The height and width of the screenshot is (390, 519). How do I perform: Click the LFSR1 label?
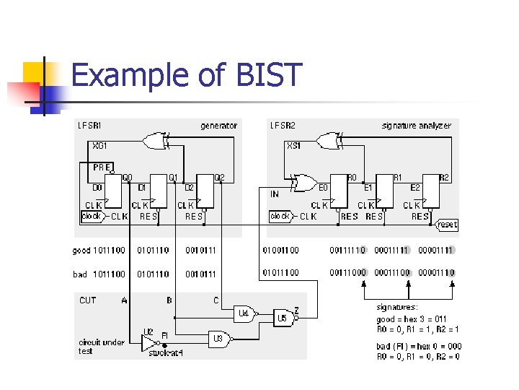click(90, 126)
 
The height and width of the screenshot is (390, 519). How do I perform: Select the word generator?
click(218, 126)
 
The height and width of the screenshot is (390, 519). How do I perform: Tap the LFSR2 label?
click(282, 126)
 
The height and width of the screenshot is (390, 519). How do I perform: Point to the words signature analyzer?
click(416, 126)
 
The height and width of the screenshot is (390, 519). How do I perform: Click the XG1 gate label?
click(100, 145)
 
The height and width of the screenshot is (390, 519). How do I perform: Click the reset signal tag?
click(447, 225)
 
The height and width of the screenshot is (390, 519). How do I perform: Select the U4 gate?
click(245, 313)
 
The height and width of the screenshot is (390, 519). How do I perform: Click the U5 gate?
click(283, 318)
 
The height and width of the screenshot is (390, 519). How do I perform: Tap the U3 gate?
click(218, 337)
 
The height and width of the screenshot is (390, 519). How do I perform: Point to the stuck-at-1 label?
click(165, 353)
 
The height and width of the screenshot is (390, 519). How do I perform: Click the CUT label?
click(87, 300)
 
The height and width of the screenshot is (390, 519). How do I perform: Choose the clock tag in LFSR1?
click(92, 216)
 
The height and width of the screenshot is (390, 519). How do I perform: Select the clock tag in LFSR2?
click(280, 216)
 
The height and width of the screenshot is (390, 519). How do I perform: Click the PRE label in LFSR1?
click(102, 167)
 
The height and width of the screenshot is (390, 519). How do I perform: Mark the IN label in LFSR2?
click(275, 194)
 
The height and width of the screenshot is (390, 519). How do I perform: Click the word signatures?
click(397, 307)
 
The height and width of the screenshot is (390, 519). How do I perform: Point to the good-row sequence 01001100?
click(280, 251)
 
